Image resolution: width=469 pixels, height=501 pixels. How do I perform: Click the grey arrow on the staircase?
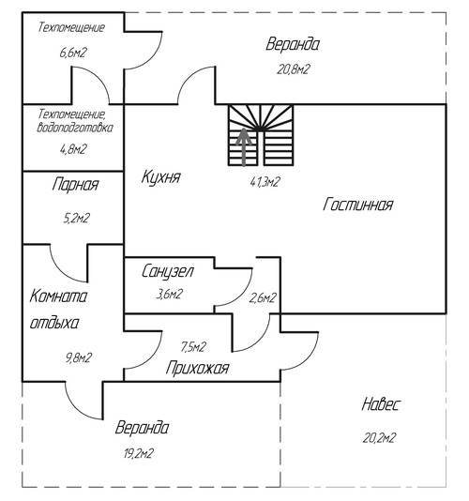244,147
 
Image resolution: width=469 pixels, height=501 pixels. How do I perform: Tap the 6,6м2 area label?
73,53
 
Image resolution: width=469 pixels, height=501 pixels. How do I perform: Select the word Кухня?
161,176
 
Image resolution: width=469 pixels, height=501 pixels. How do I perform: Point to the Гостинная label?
357,205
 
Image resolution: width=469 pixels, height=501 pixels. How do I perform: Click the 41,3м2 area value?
265,182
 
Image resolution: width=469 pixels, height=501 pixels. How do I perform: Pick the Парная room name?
75,185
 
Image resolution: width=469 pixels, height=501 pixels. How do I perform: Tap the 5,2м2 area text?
77,219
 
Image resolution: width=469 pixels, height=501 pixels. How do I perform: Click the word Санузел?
168,271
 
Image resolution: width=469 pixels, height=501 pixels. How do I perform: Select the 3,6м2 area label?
170,294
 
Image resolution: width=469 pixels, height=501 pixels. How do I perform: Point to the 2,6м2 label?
263,298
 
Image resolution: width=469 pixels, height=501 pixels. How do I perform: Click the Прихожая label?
197,368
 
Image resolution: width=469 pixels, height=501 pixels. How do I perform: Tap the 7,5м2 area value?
193,347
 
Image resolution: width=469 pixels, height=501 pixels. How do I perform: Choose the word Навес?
381,404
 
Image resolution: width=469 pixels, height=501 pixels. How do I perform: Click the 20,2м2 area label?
380,438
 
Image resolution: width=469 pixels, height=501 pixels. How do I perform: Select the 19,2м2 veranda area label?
139,453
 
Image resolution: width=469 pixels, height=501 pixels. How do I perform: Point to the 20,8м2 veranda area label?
293,69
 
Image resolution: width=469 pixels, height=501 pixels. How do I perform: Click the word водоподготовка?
75,128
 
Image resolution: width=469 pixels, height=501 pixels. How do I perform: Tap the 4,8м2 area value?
73,149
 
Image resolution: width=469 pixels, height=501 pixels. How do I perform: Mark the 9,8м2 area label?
79,357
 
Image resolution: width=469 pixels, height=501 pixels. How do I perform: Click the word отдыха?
54,323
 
